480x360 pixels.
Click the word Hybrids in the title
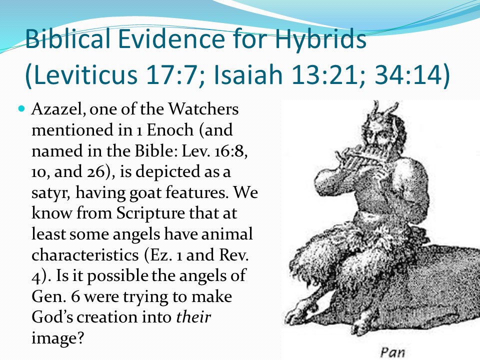(320, 39)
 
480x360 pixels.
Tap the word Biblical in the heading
(67, 39)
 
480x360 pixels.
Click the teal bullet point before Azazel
(21, 108)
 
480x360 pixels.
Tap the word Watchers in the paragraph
(203, 109)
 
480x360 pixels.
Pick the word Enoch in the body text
(170, 130)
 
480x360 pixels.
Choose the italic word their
(193, 317)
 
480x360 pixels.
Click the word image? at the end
(57, 338)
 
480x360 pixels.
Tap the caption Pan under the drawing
(392, 352)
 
